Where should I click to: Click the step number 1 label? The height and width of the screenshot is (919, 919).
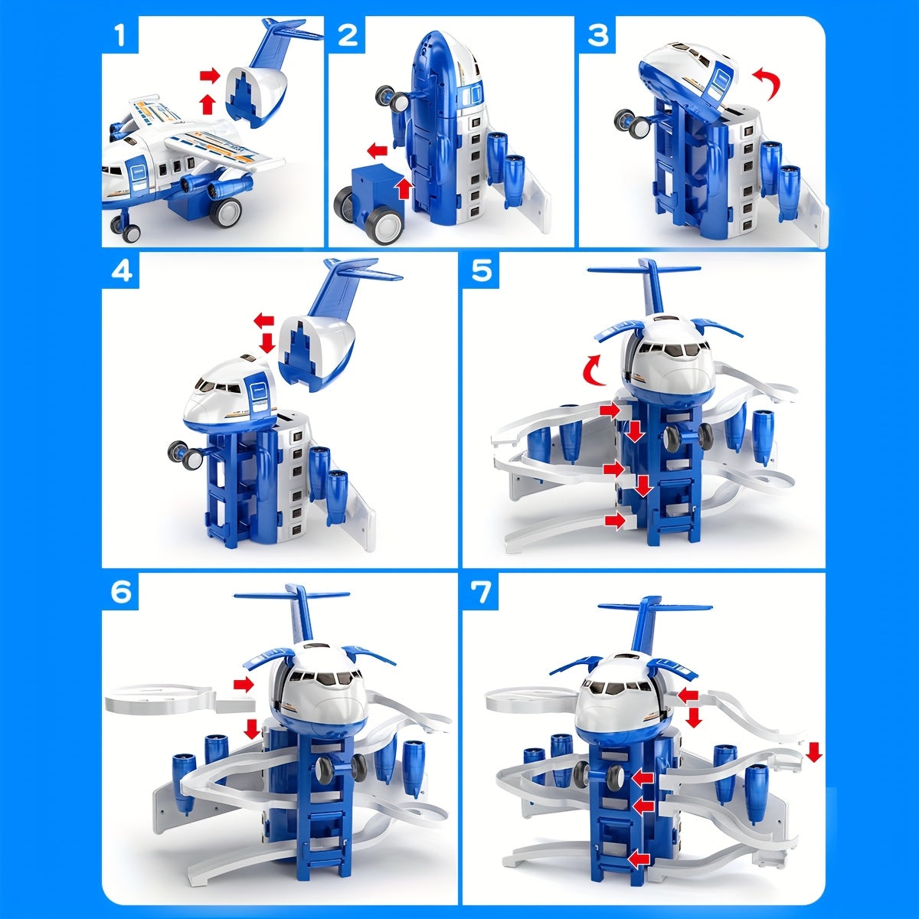[119, 34]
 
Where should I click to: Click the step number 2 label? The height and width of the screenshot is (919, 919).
[347, 34]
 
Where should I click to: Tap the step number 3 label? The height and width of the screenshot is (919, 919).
[597, 34]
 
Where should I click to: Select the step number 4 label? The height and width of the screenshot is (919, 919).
[121, 272]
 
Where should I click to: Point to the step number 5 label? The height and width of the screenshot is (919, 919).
[481, 272]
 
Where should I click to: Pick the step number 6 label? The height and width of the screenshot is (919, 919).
[121, 592]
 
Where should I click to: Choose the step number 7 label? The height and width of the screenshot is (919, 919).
[481, 592]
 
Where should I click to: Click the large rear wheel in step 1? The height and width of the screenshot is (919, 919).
[227, 213]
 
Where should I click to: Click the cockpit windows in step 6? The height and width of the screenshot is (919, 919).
[324, 679]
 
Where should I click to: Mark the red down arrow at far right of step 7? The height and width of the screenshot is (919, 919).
[814, 754]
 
